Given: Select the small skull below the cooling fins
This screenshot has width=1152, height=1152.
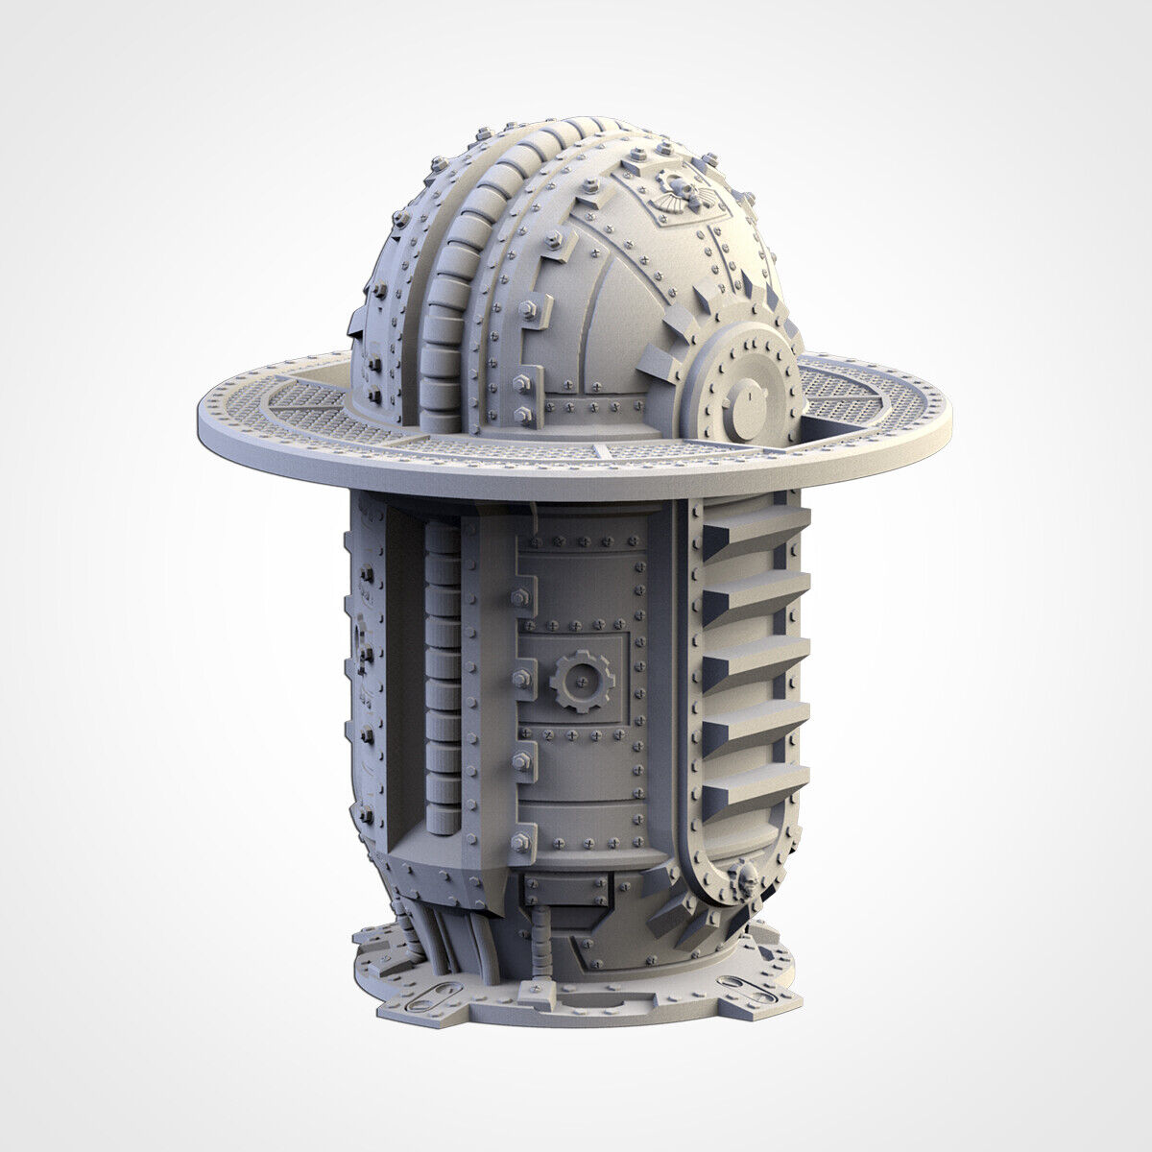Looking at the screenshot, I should point(740,876).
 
